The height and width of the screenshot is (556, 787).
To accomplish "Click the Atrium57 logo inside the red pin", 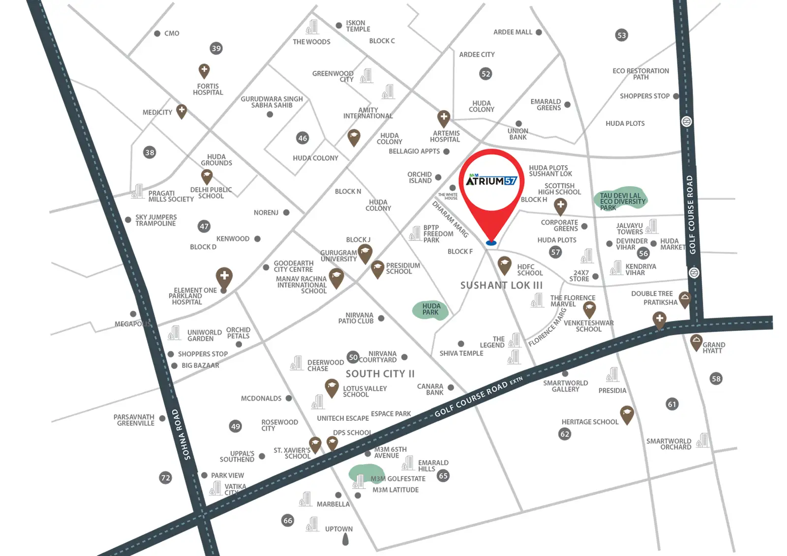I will (x=491, y=180).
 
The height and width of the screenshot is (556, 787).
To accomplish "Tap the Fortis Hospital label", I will (x=208, y=89).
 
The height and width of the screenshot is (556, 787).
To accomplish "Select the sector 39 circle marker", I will (x=216, y=48).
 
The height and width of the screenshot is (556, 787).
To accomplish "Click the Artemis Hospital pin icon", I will (x=444, y=118).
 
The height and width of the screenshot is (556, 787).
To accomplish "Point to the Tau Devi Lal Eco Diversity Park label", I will (x=622, y=201).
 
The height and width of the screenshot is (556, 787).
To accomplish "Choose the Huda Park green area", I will (x=430, y=309).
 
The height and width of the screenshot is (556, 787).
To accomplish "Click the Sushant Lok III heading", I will (x=501, y=285).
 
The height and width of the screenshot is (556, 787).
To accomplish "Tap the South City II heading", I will (x=380, y=374).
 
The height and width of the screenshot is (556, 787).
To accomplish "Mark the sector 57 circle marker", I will (x=555, y=252).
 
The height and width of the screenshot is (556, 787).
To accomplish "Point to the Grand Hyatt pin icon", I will (x=696, y=342).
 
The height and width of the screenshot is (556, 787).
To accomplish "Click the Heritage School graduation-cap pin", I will (x=626, y=414).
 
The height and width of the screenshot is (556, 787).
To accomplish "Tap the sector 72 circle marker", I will (x=166, y=477).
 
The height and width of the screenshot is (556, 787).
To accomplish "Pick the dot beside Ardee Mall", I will (x=539, y=32).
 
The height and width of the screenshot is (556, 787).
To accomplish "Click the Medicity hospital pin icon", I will (x=182, y=111).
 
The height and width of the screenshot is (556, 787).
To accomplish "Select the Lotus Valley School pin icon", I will (x=332, y=387).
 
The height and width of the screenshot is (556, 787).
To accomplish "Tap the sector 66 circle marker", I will (x=288, y=520).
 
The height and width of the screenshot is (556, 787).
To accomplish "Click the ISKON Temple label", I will (x=358, y=26).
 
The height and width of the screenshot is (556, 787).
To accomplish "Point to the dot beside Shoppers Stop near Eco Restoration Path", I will (x=676, y=96).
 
